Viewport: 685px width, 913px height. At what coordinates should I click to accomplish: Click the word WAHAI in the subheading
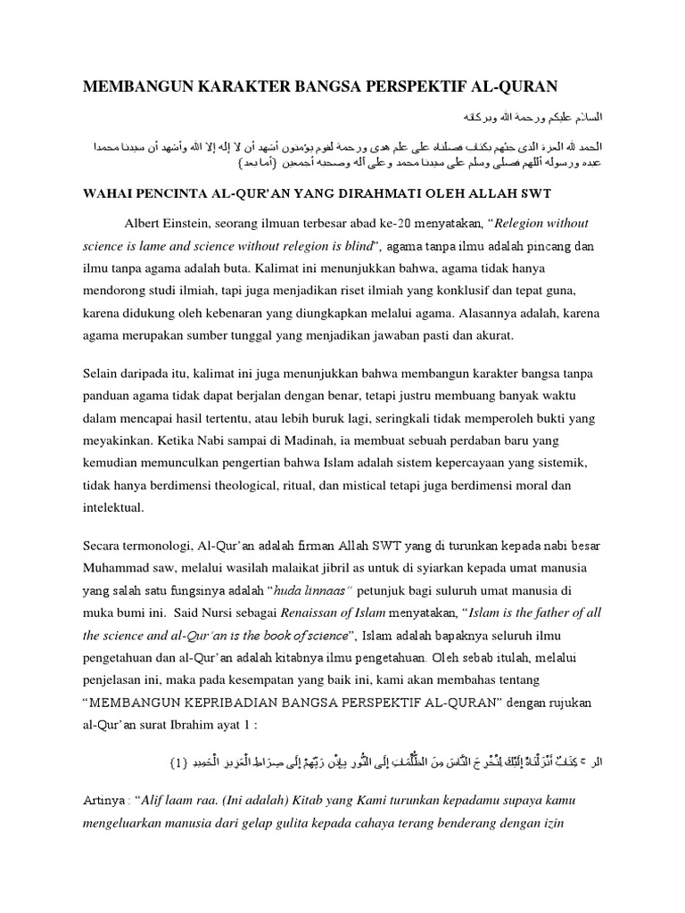coord(110,192)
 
